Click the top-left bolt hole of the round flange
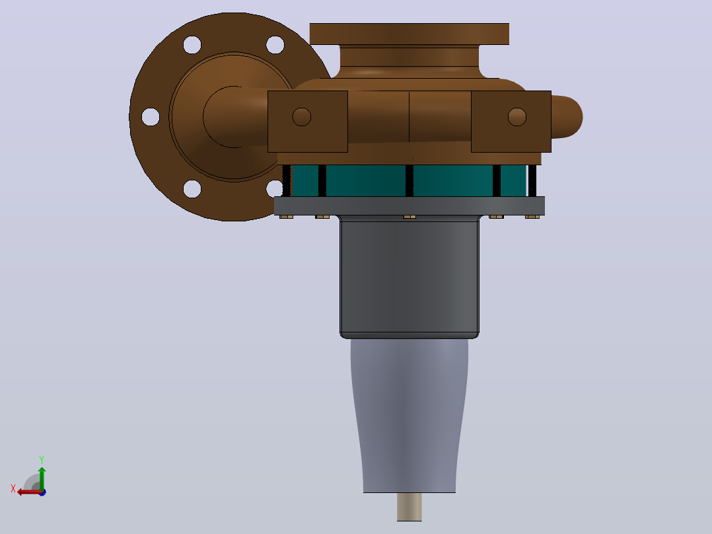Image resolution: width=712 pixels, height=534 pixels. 192,45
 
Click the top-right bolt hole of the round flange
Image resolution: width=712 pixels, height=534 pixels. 275,45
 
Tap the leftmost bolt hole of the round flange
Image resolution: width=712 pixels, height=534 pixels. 151,117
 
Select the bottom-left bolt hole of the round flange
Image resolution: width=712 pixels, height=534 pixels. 192,189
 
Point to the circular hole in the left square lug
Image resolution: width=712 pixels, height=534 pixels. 301,117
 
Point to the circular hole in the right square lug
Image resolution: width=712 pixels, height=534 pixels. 516,117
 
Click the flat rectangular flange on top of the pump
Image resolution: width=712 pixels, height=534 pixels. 409,34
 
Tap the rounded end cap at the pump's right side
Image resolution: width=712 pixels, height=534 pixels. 567,117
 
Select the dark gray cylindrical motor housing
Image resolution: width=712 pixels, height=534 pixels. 409,277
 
